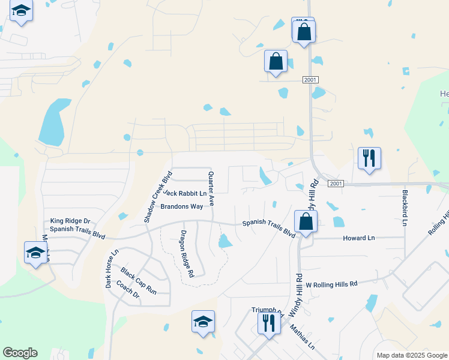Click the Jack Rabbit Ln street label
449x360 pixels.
pyautogui.click(x=185, y=193)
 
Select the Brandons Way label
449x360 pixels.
pyautogui.click(x=181, y=206)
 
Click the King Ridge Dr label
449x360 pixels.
pyautogui.click(x=70, y=221)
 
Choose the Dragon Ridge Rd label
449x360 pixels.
pyautogui.click(x=187, y=253)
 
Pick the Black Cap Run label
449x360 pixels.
pyautogui.click(x=138, y=280)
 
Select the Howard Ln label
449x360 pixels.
pyautogui.click(x=358, y=238)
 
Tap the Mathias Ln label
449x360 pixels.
pyautogui.click(x=301, y=337)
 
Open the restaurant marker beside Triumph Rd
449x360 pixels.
pyautogui.click(x=268, y=322)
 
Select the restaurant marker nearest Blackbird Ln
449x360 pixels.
pyautogui.click(x=369, y=158)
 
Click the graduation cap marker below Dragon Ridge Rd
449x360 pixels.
pyautogui.click(x=203, y=321)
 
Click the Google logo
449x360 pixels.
pyautogui.click(x=20, y=353)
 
